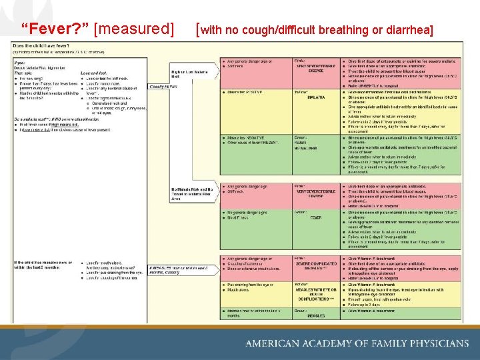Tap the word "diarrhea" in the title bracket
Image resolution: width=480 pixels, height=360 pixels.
pyautogui.click(x=406, y=30)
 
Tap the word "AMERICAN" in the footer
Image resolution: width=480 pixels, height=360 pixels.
pyautogui.click(x=272, y=343)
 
